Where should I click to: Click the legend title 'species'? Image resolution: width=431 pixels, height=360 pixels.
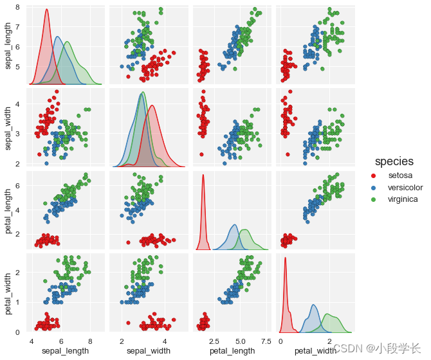click(394, 161)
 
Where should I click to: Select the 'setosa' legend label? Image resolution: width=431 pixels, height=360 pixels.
click(401, 175)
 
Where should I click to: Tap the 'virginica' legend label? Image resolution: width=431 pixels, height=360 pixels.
click(405, 199)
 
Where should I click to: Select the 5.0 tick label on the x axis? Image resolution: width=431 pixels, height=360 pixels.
click(237, 341)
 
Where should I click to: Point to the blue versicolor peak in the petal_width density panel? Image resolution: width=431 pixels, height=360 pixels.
click(313, 305)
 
